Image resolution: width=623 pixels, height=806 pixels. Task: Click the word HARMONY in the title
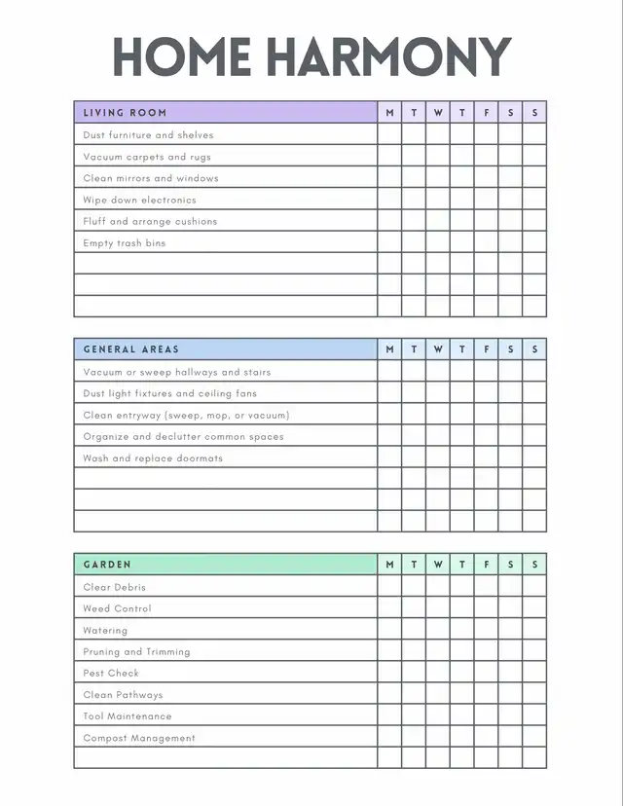click(x=388, y=57)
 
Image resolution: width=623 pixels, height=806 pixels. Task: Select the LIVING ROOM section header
click(x=125, y=113)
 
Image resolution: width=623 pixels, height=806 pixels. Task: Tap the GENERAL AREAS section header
click(x=131, y=349)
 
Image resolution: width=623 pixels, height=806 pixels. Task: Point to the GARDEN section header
click(x=107, y=565)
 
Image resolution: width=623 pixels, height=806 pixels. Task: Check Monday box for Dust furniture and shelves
click(x=389, y=135)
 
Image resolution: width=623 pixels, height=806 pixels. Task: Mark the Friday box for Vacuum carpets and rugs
click(x=487, y=157)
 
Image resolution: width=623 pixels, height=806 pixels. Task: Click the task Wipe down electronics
click(x=139, y=200)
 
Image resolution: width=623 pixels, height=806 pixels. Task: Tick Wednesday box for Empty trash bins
click(x=438, y=242)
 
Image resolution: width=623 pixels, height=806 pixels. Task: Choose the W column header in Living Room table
click(x=438, y=113)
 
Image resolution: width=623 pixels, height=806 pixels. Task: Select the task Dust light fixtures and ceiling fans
click(x=170, y=393)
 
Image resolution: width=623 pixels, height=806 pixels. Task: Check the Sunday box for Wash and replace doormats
click(x=534, y=458)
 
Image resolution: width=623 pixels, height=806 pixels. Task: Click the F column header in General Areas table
click(x=487, y=349)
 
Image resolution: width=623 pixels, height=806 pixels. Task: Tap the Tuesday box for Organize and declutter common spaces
click(x=414, y=436)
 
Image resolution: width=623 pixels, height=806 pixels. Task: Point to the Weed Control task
click(x=117, y=608)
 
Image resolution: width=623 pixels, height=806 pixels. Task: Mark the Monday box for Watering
click(x=389, y=630)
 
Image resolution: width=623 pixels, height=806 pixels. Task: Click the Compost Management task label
click(x=139, y=738)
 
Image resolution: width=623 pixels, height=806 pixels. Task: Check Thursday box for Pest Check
click(x=462, y=673)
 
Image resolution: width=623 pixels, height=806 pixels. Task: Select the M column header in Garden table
click(x=389, y=565)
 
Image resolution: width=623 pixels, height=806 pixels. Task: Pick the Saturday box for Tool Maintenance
click(x=510, y=715)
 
